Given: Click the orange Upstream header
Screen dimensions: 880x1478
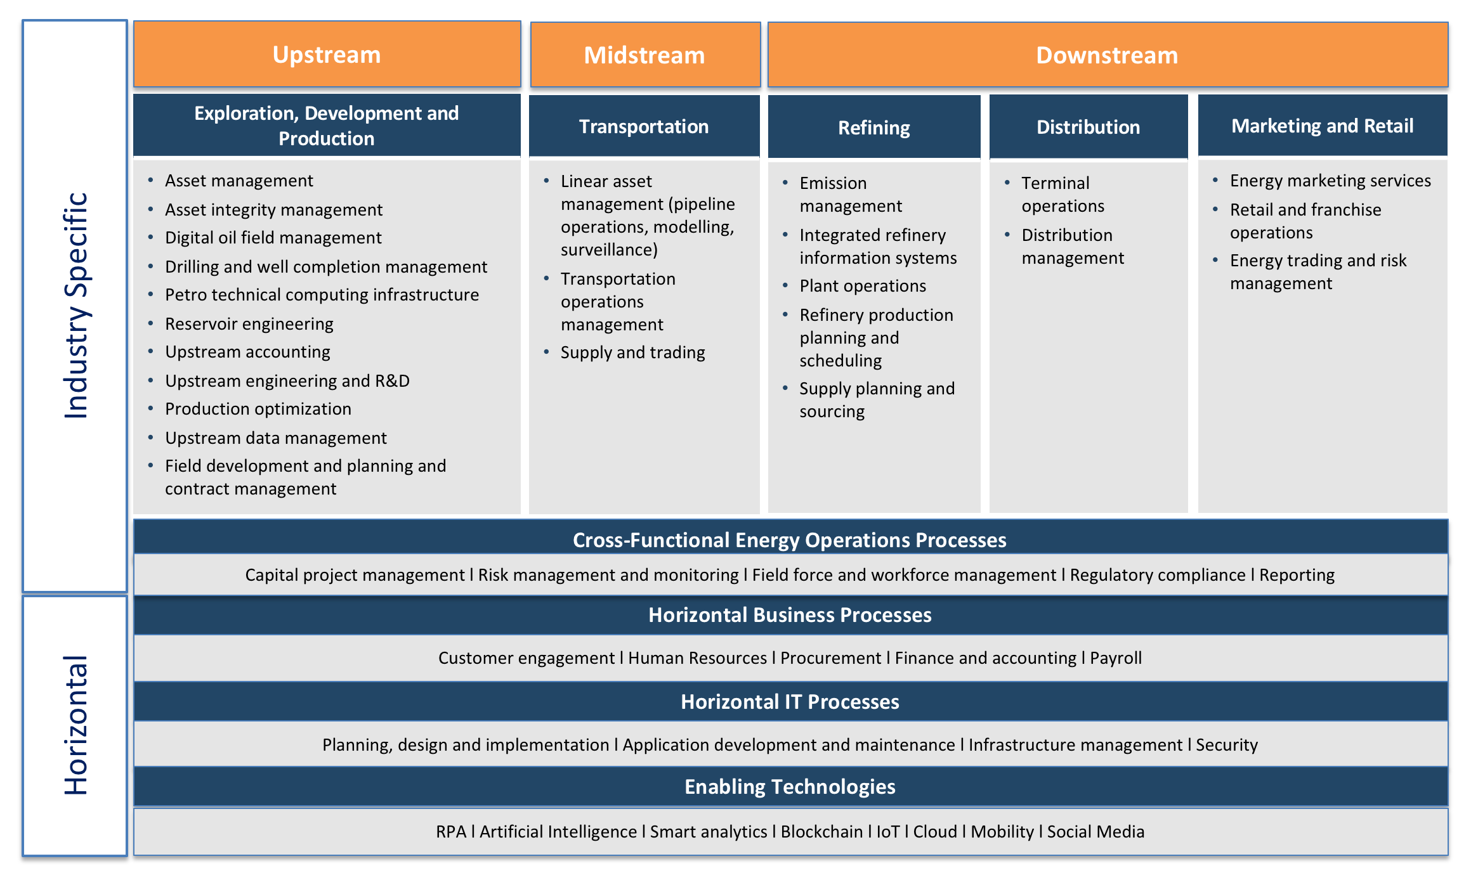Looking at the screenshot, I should (327, 55).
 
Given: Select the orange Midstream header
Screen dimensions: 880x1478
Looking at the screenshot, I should (644, 56).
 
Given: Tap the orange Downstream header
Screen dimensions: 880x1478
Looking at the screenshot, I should (1107, 56).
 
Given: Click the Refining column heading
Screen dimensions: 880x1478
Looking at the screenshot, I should (874, 127).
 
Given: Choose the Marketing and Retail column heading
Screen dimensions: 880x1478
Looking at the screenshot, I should (1322, 126).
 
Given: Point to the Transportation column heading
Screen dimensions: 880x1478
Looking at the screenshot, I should (644, 127).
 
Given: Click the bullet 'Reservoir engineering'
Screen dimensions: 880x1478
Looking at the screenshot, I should (249, 324).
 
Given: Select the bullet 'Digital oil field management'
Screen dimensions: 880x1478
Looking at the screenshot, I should (273, 238).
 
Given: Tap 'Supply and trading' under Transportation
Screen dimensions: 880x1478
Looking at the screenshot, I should (632, 353).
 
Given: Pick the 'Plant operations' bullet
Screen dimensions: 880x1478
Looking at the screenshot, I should (863, 286).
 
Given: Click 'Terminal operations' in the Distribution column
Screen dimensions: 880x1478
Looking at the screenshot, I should (1063, 195).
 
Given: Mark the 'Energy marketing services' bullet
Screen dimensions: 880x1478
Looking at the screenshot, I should (1330, 181).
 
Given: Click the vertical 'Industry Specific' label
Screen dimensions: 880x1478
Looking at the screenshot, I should (75, 306).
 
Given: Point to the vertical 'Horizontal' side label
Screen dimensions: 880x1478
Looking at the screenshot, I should (75, 725).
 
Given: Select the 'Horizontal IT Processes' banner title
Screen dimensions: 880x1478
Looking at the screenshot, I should (790, 702).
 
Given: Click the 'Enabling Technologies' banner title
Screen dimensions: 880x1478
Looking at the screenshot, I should (790, 787).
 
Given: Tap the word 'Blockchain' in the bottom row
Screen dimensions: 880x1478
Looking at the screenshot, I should (821, 832).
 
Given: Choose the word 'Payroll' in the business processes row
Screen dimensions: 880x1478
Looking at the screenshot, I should (1116, 658).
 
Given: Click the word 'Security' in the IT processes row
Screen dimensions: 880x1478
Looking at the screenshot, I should (1226, 745).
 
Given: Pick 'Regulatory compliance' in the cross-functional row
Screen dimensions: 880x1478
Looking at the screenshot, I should (1158, 575).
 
